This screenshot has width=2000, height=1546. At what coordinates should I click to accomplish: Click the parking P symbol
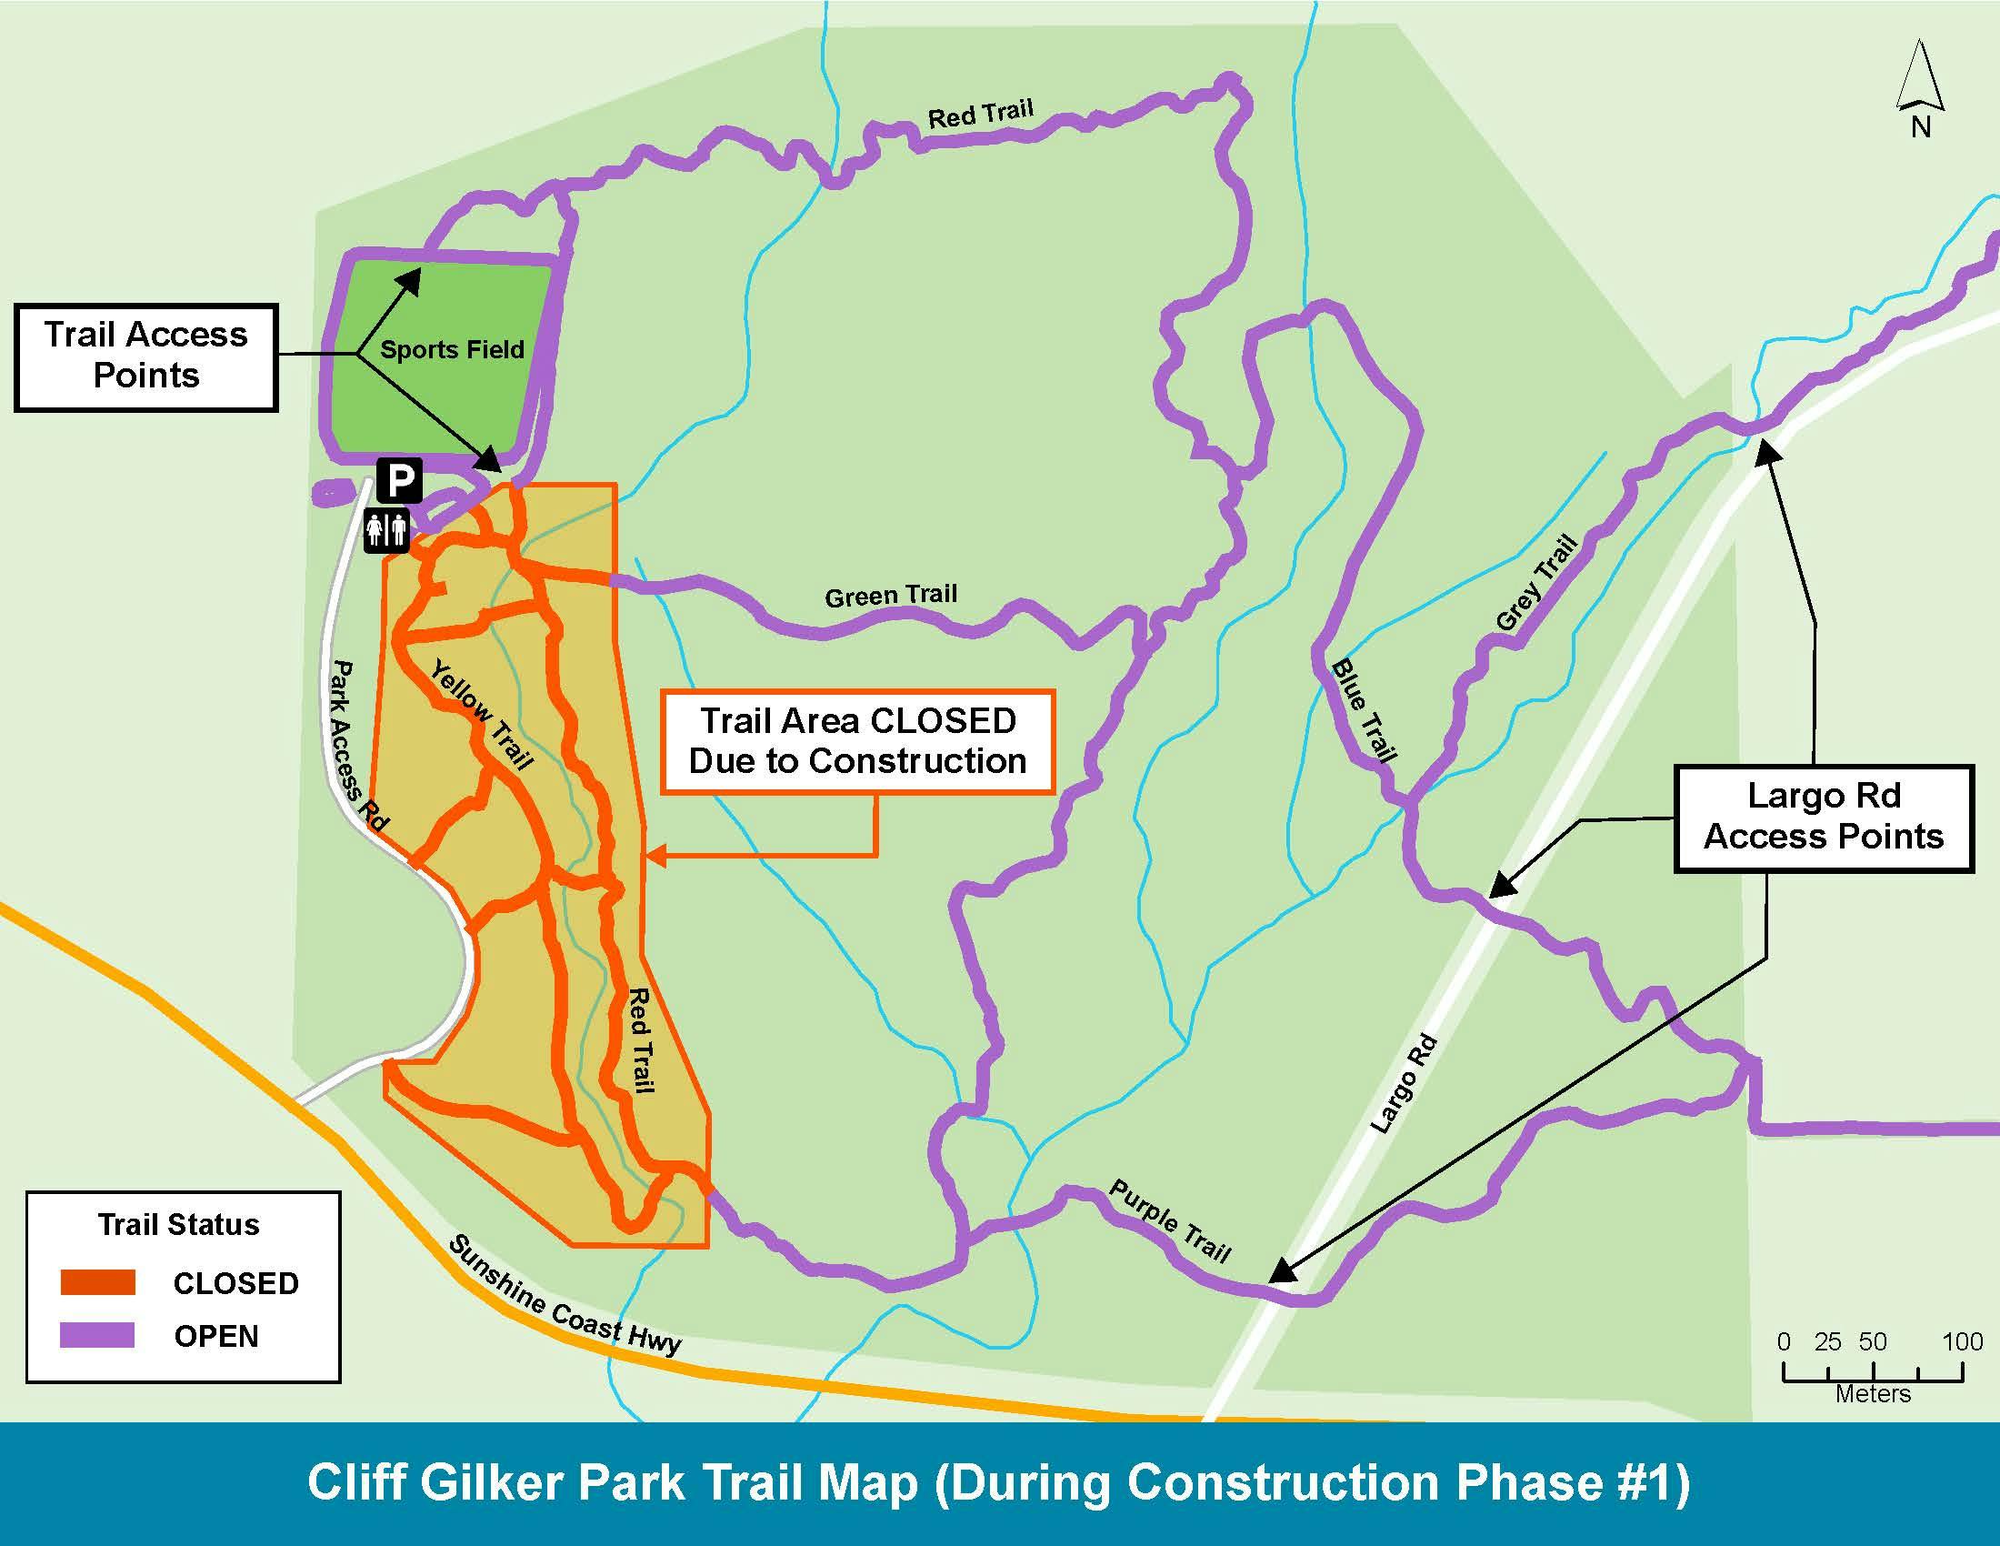[x=399, y=479]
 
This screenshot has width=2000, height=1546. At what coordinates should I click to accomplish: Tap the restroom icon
[x=386, y=531]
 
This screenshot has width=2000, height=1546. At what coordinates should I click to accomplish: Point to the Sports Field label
[x=452, y=349]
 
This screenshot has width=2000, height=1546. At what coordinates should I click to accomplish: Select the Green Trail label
[x=890, y=597]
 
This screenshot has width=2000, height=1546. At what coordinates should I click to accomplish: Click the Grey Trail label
[x=1535, y=583]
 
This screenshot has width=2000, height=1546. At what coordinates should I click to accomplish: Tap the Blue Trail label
[x=1364, y=711]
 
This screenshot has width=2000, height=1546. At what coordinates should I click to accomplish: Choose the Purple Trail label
[x=1170, y=1220]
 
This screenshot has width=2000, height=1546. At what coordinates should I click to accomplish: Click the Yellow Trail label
[x=482, y=718]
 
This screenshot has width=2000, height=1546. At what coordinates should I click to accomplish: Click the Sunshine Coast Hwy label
[x=565, y=1296]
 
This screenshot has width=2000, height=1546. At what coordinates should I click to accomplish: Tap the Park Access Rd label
[x=357, y=746]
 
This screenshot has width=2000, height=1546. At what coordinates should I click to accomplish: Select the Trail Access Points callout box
[x=146, y=356]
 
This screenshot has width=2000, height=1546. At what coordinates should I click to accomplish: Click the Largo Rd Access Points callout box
[x=1823, y=817]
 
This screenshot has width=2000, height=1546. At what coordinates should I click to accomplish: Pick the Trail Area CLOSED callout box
[x=857, y=741]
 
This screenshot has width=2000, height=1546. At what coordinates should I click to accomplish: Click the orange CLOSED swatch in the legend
[x=98, y=1282]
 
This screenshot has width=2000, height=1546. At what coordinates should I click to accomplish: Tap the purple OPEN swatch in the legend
[x=98, y=1335]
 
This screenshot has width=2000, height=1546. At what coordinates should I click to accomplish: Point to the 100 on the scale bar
[x=1962, y=1341]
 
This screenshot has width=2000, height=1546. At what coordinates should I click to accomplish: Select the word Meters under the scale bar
[x=1873, y=1394]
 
